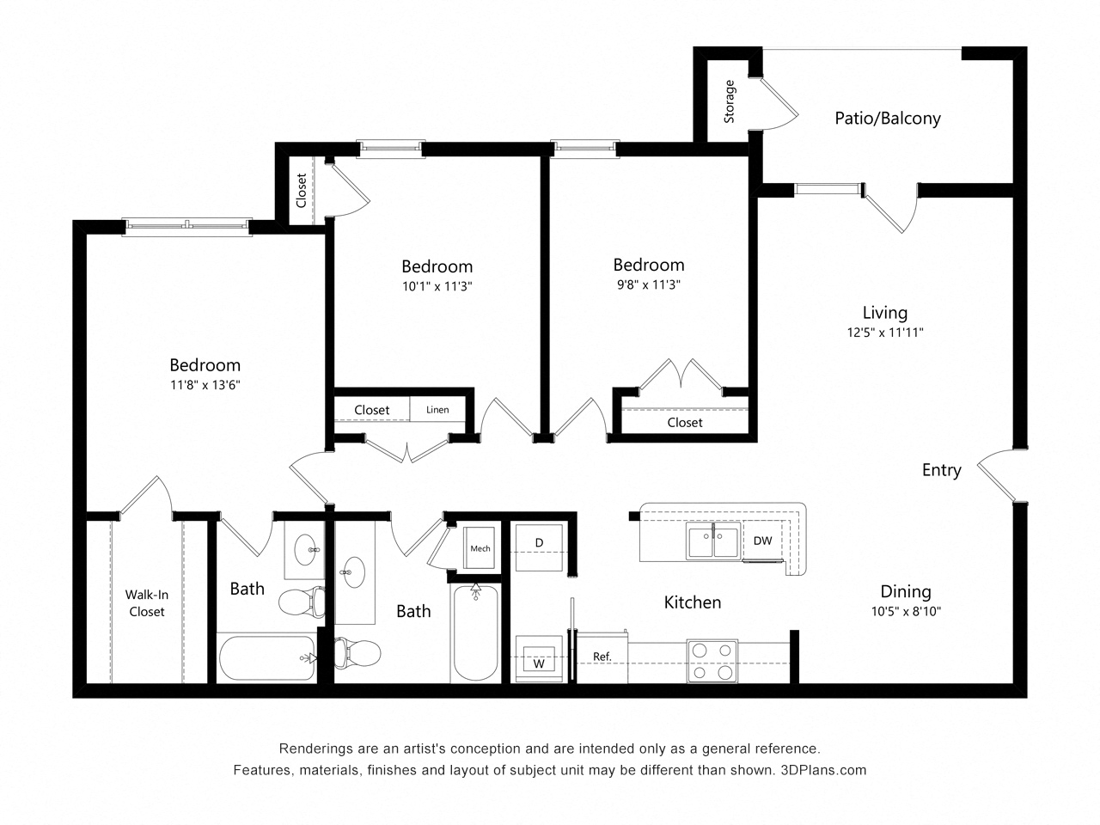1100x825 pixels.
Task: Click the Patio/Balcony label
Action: point(887,119)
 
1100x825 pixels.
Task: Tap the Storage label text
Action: point(730,101)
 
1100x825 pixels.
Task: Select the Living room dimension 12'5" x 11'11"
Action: point(884,332)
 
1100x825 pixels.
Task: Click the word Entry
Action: point(941,470)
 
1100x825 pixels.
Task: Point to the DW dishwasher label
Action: point(762,541)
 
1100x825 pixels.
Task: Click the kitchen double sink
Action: point(714,542)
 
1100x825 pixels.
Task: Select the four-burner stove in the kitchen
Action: point(712,661)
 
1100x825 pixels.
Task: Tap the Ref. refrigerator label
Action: point(602,657)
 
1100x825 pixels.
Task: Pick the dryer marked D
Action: point(539,542)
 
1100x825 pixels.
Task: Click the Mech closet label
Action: point(480,548)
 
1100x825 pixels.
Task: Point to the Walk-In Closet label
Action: point(146,602)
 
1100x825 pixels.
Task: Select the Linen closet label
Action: point(437,410)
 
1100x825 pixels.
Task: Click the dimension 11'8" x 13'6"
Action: point(205,386)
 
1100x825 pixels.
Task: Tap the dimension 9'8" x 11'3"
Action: point(648,285)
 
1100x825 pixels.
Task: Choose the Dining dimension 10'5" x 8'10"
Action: point(906,612)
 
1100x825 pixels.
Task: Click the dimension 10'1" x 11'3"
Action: point(437,286)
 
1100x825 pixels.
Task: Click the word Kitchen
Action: point(692,602)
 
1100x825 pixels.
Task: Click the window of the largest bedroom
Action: point(186,226)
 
